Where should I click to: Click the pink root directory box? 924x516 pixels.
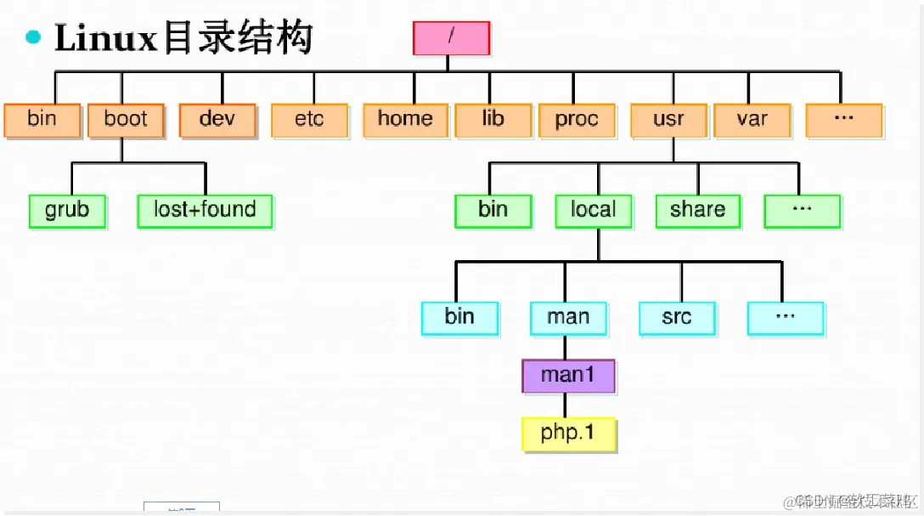(x=451, y=37)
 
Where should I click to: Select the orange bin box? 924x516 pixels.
(x=42, y=120)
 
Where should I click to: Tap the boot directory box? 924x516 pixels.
(x=125, y=120)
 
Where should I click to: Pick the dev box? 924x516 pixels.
(x=217, y=120)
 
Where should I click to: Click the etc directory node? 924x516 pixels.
(x=309, y=120)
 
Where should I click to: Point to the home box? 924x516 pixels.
(x=405, y=120)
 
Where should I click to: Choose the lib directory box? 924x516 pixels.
(x=493, y=120)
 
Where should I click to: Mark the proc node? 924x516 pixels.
(x=577, y=120)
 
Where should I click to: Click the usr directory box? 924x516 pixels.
(x=668, y=120)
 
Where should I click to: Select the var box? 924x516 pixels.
(x=752, y=120)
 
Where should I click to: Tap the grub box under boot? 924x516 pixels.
(x=67, y=211)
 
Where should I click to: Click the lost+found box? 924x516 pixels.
(x=205, y=211)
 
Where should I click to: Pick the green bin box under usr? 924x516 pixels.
(x=493, y=211)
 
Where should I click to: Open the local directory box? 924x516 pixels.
(x=593, y=211)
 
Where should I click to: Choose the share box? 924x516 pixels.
(x=697, y=211)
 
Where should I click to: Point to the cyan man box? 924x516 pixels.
(x=568, y=318)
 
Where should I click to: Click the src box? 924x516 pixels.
(x=677, y=318)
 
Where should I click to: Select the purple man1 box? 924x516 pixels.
(x=567, y=375)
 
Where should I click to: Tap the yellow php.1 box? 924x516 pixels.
(x=567, y=434)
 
